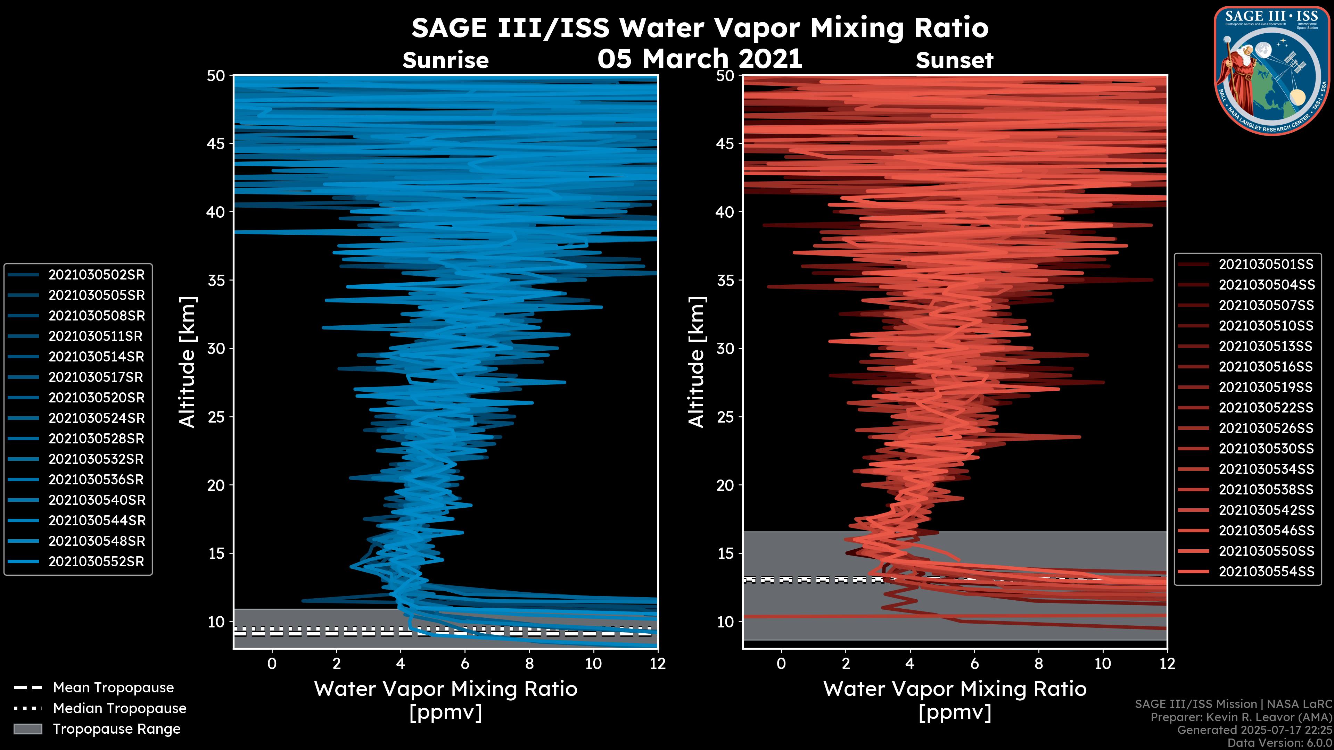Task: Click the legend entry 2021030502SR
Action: [x=96, y=275]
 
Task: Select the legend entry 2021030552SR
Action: [x=96, y=561]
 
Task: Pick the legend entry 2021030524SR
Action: [x=96, y=418]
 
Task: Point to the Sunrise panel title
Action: [x=445, y=60]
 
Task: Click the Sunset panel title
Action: [x=954, y=60]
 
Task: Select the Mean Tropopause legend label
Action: [x=113, y=688]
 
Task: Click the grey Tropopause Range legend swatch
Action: [x=27, y=729]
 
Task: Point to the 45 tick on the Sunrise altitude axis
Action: [x=216, y=143]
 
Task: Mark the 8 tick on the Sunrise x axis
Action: [x=529, y=664]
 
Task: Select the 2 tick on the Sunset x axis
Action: [x=846, y=664]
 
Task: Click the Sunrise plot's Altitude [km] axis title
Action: [x=187, y=362]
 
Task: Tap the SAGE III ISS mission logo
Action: [x=1271, y=71]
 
